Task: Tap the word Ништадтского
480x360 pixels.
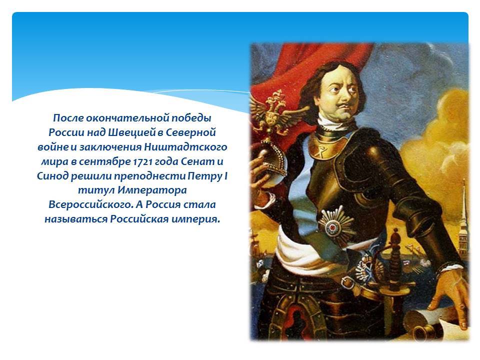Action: (x=185, y=147)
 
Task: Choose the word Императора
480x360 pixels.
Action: (x=152, y=190)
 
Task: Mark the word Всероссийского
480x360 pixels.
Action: (x=90, y=205)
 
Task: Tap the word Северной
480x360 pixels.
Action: (x=191, y=132)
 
